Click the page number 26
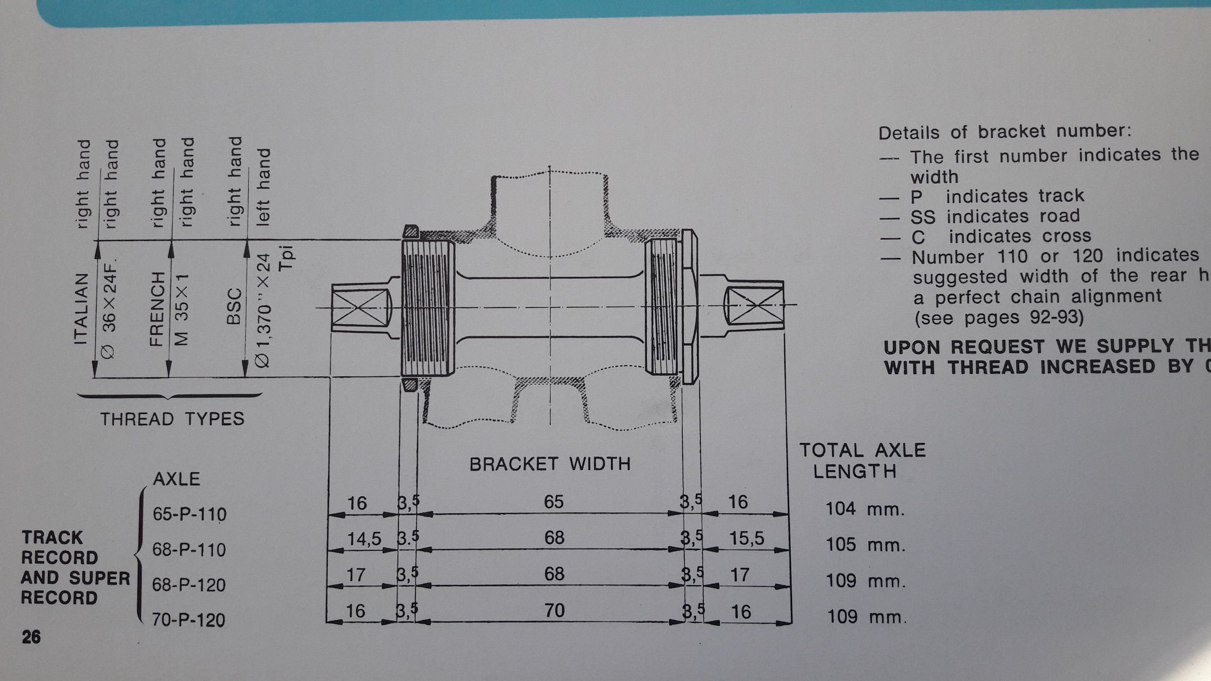[x=31, y=637]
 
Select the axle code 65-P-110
[x=189, y=515]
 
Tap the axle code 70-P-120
[x=189, y=620]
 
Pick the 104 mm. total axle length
[x=865, y=509]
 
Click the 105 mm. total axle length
[x=865, y=545]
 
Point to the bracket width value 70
[x=554, y=611]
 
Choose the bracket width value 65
[x=554, y=502]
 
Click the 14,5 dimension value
[x=364, y=540]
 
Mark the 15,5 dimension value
[x=747, y=539]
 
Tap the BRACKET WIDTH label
[x=550, y=464]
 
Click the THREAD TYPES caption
[x=172, y=419]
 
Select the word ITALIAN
[x=82, y=309]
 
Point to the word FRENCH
[x=157, y=309]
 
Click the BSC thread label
[x=234, y=306]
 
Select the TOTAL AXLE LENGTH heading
[x=862, y=461]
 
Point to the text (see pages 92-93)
[x=999, y=318]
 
